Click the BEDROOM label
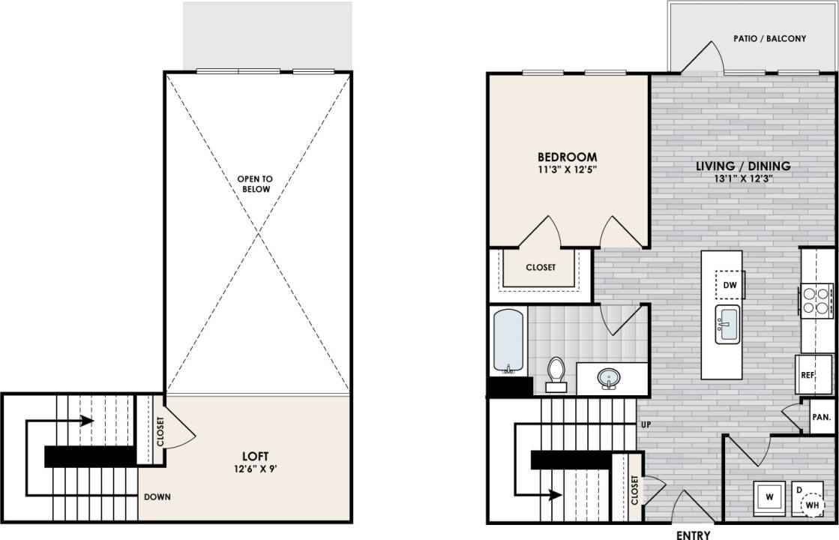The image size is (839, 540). click(x=567, y=157)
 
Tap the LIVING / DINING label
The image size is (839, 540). click(x=742, y=166)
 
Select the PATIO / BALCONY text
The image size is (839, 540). click(x=770, y=38)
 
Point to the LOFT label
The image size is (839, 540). click(x=255, y=456)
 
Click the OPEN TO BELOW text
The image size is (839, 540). click(x=255, y=184)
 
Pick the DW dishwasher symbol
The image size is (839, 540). click(x=729, y=285)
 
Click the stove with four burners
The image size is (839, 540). click(x=817, y=300)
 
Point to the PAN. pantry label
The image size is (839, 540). click(x=820, y=417)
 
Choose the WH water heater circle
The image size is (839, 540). click(x=813, y=506)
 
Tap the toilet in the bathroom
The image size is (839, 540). click(x=556, y=374)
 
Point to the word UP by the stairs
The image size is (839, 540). click(x=645, y=424)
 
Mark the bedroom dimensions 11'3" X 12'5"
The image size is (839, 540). click(x=567, y=170)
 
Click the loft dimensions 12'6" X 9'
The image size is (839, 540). click(x=255, y=469)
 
